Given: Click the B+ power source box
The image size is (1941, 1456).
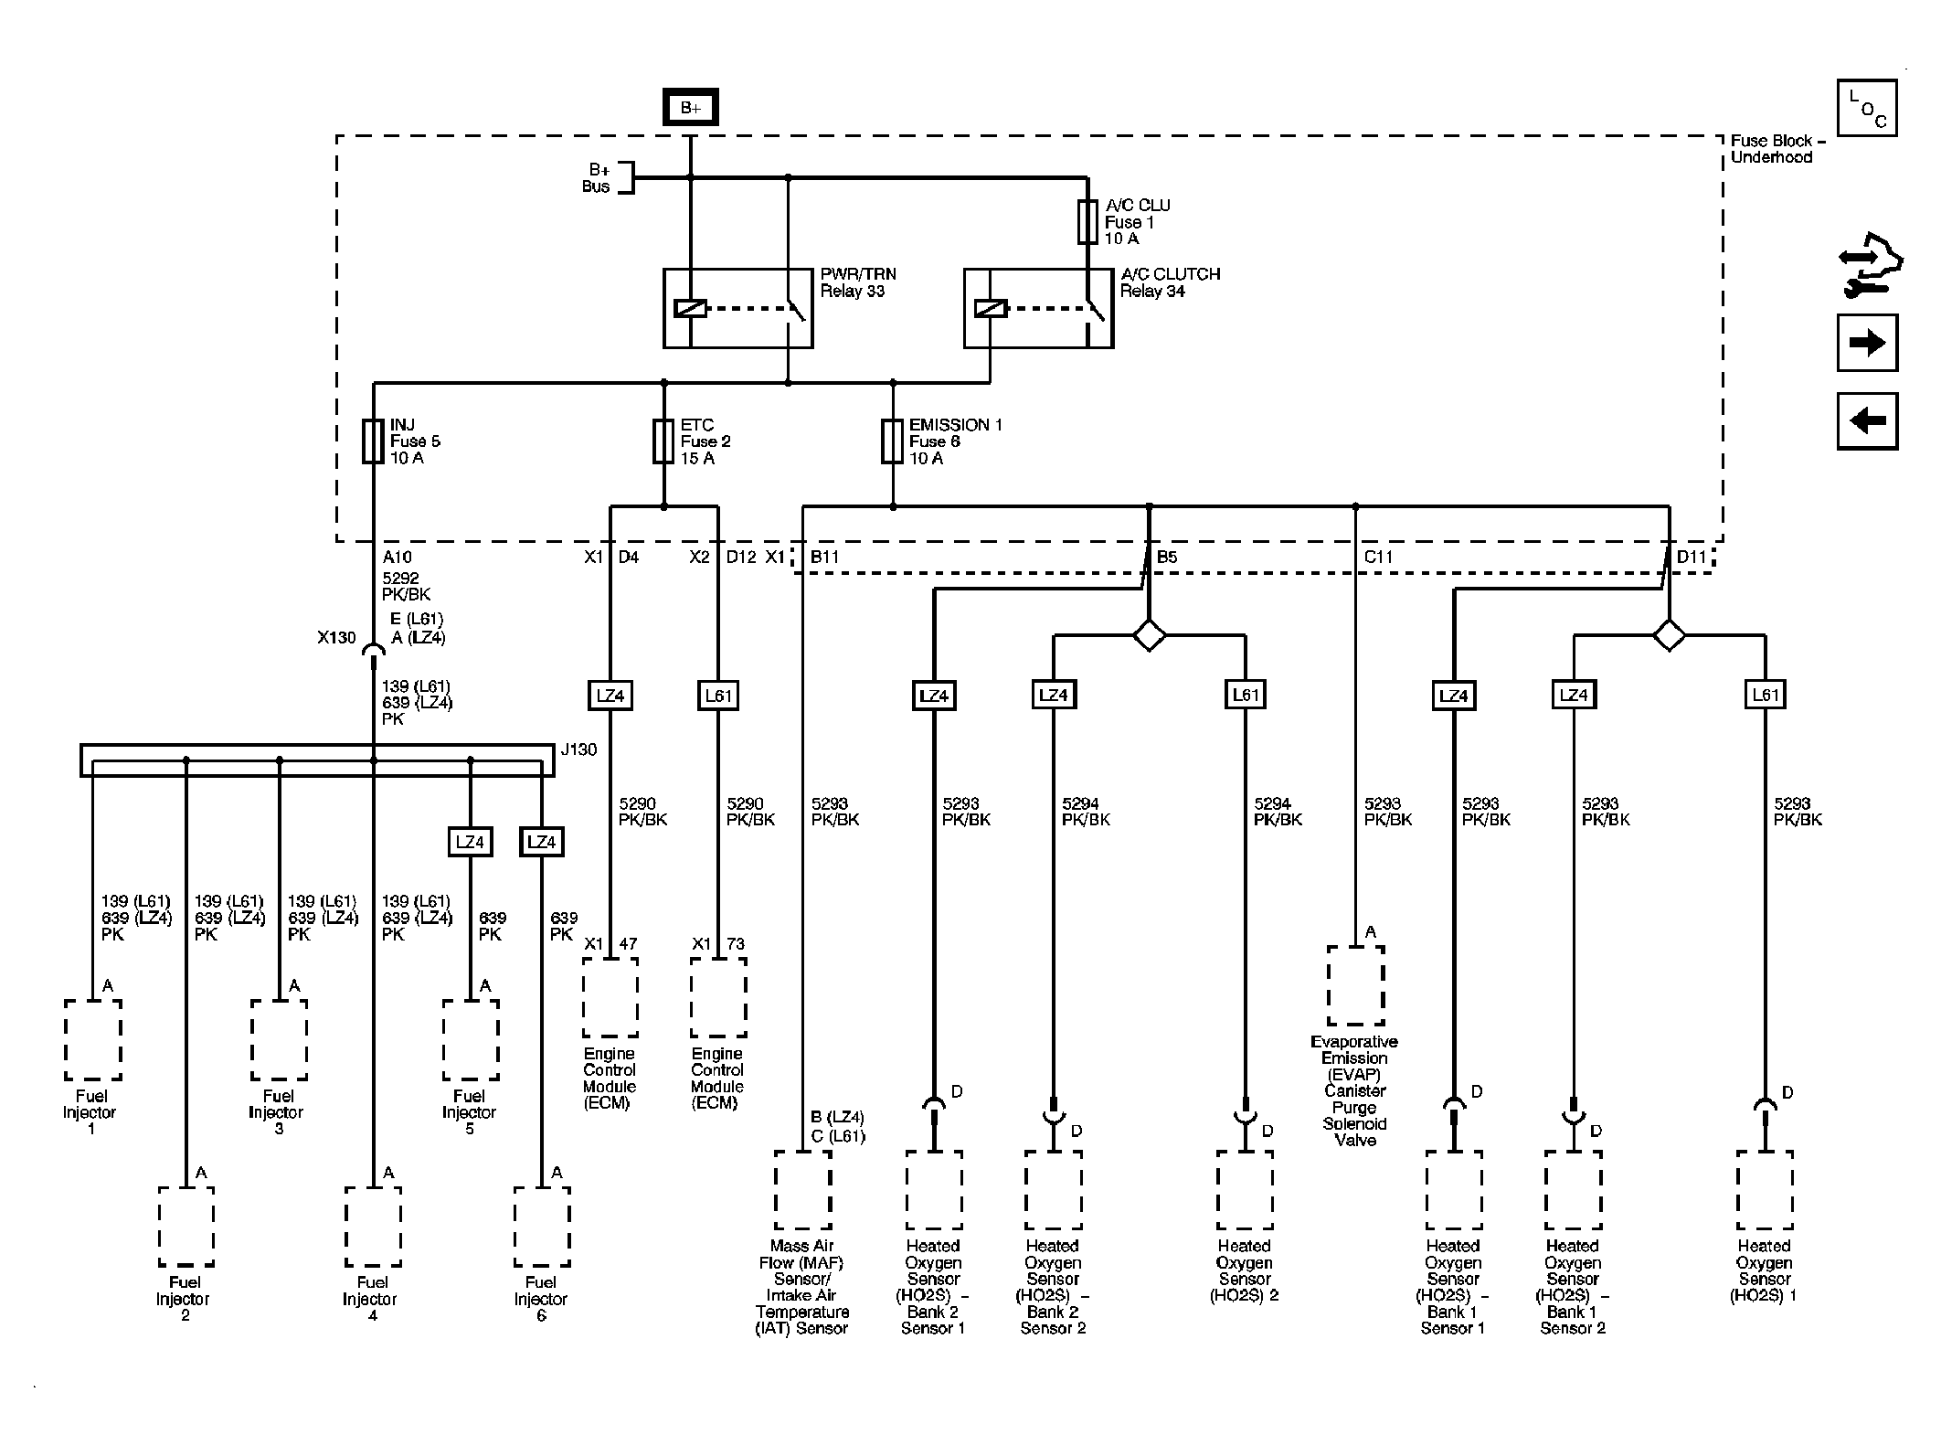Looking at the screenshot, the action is tap(690, 107).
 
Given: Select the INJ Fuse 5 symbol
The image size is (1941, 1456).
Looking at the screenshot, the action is tap(373, 441).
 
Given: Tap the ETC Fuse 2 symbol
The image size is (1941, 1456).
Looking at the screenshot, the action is tap(663, 441).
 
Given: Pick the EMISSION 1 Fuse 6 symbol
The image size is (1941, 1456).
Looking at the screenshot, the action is tap(893, 441).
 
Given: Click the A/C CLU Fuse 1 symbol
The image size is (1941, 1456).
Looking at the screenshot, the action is tap(1087, 222).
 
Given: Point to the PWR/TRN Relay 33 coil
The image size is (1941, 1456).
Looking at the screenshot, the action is tap(690, 309).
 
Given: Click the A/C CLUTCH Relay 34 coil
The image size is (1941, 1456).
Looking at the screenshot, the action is tap(991, 309).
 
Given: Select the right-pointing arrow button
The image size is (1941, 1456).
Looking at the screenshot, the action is tap(1867, 343).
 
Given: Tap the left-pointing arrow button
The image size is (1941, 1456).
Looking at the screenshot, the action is tap(1867, 421).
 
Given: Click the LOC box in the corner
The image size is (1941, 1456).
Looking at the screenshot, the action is tap(1867, 108).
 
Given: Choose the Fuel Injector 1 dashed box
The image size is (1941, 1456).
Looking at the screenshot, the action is tap(92, 1040).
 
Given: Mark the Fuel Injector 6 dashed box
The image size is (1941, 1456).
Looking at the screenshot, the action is tap(542, 1227).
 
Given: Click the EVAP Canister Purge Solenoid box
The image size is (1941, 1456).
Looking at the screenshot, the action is tap(1355, 985).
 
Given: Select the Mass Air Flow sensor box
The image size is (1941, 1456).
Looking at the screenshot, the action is tap(803, 1190).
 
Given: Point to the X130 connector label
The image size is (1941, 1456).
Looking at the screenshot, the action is tap(336, 638).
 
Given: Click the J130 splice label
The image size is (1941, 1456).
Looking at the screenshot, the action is tap(578, 749).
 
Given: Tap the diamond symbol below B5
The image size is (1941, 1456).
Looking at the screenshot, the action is tap(1149, 634).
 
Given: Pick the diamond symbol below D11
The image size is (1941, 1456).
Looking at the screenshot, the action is tap(1670, 634).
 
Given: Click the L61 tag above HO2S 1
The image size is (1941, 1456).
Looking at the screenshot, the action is tap(1766, 695).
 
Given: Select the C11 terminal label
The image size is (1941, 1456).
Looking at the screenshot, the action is tap(1379, 557).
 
